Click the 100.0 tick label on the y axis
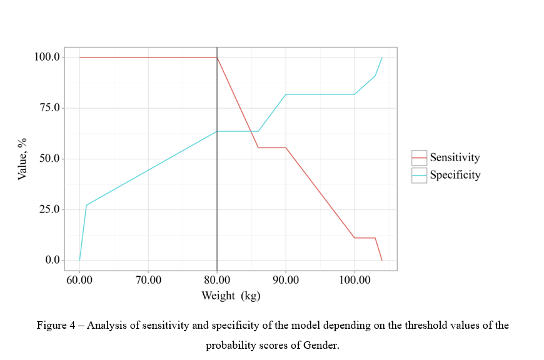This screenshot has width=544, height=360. pyautogui.click(x=48, y=57)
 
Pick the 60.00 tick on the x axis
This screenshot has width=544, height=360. pyautogui.click(x=79, y=280)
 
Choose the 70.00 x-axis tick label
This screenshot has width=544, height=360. pyautogui.click(x=148, y=280)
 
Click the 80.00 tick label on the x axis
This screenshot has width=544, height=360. pyautogui.click(x=217, y=280)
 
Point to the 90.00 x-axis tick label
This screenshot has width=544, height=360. pyautogui.click(x=286, y=280)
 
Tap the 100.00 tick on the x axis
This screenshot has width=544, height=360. pyautogui.click(x=354, y=280)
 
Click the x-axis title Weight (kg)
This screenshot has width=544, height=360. pyautogui.click(x=231, y=296)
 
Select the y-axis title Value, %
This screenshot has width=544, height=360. pyautogui.click(x=23, y=159)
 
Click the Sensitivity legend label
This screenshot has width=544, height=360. pyautogui.click(x=455, y=158)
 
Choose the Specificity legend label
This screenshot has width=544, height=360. pyautogui.click(x=455, y=175)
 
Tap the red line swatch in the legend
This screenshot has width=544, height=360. pyautogui.click(x=419, y=158)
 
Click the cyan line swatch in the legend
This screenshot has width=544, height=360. pyautogui.click(x=419, y=175)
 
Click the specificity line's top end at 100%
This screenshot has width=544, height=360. pyautogui.click(x=381, y=57)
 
